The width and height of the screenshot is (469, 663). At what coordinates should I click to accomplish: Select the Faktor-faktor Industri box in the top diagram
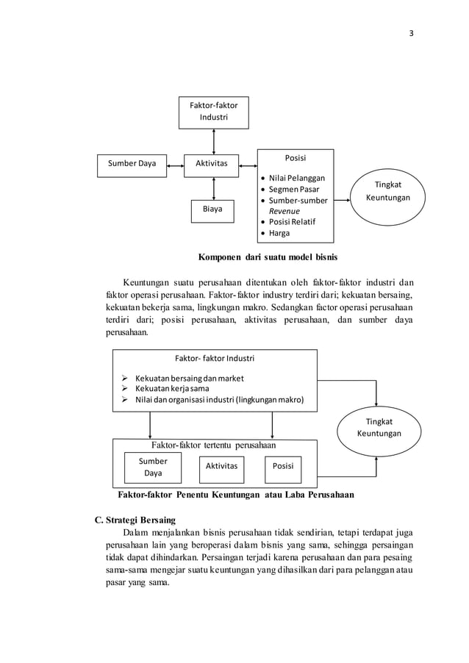point(214,112)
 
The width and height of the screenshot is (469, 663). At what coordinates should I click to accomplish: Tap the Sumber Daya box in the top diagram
point(132,164)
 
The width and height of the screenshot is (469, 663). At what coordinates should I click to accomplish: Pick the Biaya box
point(212,210)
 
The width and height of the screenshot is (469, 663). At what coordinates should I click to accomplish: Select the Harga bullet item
point(279,233)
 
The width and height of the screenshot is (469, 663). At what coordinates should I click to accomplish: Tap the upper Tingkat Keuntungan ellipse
point(388,193)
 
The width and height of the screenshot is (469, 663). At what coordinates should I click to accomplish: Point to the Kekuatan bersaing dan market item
point(188,378)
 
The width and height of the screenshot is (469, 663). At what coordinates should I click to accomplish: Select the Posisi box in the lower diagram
point(283,466)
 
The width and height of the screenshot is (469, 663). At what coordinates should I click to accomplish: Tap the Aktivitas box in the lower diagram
point(221,466)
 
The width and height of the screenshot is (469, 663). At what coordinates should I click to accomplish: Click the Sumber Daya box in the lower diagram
point(153,467)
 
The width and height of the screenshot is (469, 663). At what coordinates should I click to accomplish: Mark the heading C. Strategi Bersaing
point(135,520)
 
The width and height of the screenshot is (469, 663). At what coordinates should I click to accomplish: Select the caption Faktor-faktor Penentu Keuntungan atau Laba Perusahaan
point(235,495)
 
